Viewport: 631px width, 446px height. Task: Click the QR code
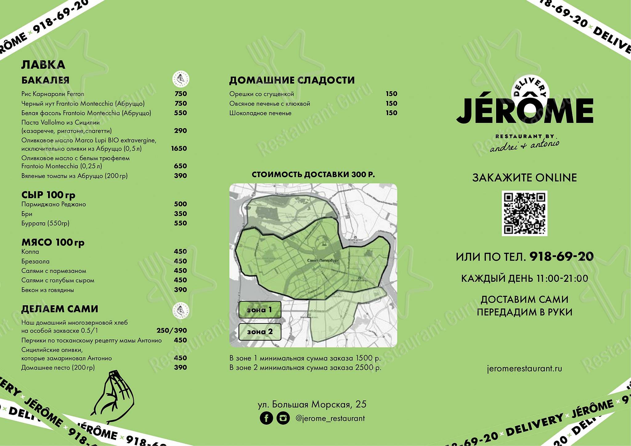pyautogui.click(x=524, y=213)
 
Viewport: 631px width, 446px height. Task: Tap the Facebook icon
pyautogui.click(x=266, y=418)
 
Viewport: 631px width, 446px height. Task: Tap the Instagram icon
pyautogui.click(x=283, y=418)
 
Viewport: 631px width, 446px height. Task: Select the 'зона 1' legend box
pyautogui.click(x=260, y=310)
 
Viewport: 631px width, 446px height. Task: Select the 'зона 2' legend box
pyautogui.click(x=260, y=332)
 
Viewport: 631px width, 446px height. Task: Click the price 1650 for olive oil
pyautogui.click(x=179, y=148)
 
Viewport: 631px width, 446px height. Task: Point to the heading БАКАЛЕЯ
pyautogui.click(x=45, y=80)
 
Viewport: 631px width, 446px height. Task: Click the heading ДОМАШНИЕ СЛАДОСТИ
pyautogui.click(x=292, y=80)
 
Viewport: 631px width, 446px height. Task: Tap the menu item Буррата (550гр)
pyautogui.click(x=45, y=223)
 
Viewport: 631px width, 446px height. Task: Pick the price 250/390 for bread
pyautogui.click(x=172, y=330)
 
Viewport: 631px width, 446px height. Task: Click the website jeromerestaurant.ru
pyautogui.click(x=524, y=369)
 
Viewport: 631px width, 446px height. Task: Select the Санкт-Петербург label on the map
pyautogui.click(x=323, y=261)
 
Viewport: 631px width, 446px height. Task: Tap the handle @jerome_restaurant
pyautogui.click(x=330, y=418)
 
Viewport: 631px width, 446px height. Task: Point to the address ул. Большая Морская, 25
pyautogui.click(x=312, y=404)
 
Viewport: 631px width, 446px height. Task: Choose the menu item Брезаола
pyautogui.click(x=35, y=262)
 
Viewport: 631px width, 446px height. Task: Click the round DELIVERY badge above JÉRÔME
pyautogui.click(x=530, y=90)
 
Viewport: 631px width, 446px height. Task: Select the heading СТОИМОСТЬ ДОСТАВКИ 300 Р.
pyautogui.click(x=313, y=175)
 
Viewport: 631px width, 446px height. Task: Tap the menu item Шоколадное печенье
pyautogui.click(x=260, y=113)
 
